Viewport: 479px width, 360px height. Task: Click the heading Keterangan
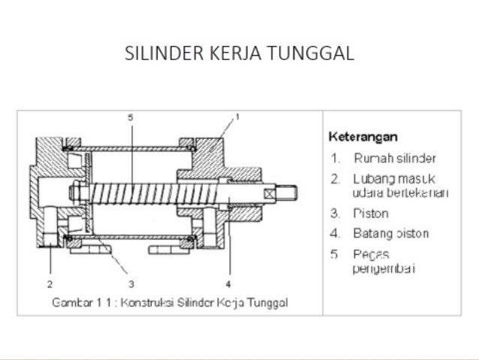[x=363, y=137]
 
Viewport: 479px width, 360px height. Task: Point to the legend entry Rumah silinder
[x=394, y=159]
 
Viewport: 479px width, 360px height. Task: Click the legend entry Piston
[x=370, y=213]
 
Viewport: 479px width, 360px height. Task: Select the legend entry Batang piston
[x=390, y=233]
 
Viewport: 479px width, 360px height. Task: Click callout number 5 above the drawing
[x=130, y=117]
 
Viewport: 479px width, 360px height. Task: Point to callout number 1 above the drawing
[x=237, y=117]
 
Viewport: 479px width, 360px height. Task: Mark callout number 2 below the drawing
[x=50, y=284]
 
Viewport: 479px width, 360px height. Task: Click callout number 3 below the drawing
[x=131, y=284]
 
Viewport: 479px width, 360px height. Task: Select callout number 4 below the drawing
[x=227, y=284]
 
